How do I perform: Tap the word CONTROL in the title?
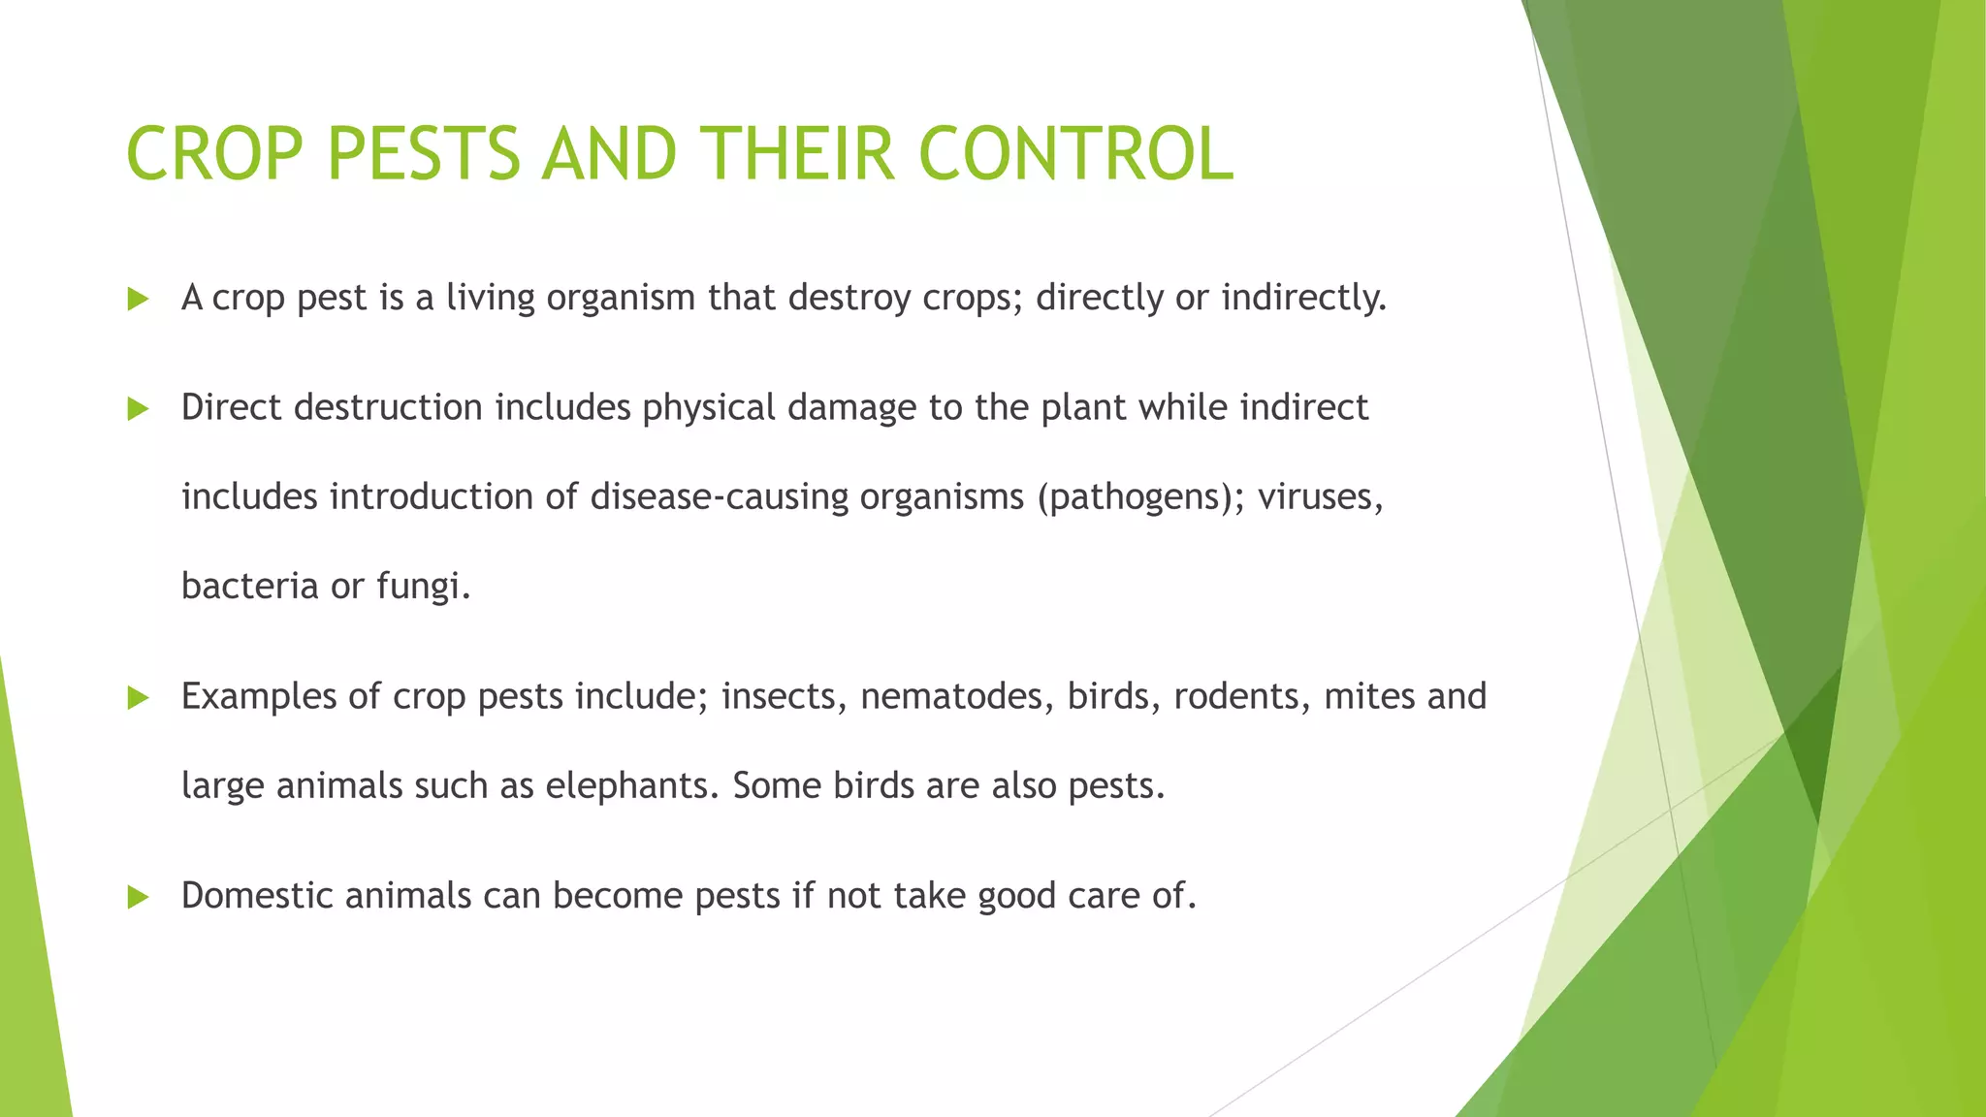pyautogui.click(x=1074, y=154)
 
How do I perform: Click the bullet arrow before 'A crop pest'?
pyautogui.click(x=138, y=300)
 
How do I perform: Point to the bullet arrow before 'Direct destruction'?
pyautogui.click(x=138, y=409)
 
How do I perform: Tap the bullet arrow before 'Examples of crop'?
pyautogui.click(x=138, y=698)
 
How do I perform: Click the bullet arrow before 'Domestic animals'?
pyautogui.click(x=138, y=898)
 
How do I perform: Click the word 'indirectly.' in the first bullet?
pyautogui.click(x=1303, y=298)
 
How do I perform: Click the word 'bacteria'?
pyautogui.click(x=249, y=587)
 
